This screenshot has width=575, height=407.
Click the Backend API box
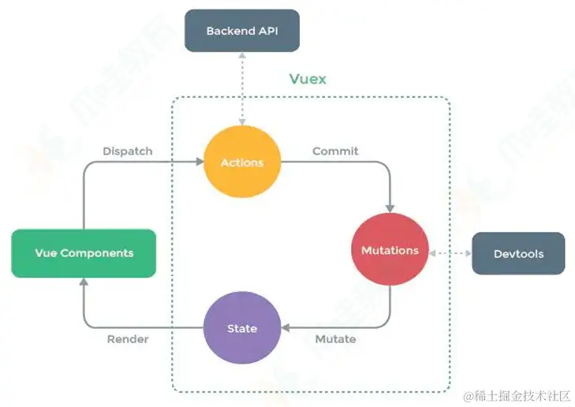tap(241, 32)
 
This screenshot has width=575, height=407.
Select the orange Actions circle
tap(242, 162)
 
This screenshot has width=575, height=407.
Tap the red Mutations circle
tap(390, 250)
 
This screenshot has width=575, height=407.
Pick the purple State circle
tap(242, 328)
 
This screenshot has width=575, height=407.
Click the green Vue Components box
tap(84, 253)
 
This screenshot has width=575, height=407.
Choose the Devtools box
tap(518, 253)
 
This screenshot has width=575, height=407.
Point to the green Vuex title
tap(307, 79)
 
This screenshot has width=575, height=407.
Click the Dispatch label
tap(127, 151)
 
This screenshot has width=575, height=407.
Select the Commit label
tap(335, 151)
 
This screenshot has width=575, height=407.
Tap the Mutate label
tap(335, 339)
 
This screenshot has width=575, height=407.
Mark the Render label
tap(128, 339)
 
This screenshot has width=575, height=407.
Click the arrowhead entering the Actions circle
tap(199, 162)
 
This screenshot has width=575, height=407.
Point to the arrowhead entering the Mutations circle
tap(390, 207)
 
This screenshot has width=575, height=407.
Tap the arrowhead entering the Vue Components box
tap(84, 282)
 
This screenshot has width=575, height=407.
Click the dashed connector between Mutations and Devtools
tap(450, 253)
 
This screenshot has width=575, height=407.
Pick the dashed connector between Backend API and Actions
tap(242, 87)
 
